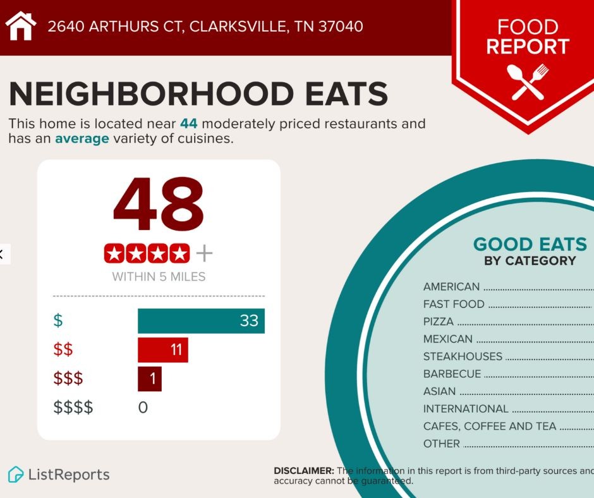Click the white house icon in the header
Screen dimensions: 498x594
(21, 27)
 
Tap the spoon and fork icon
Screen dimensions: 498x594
(528, 82)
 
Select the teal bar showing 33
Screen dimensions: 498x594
(201, 320)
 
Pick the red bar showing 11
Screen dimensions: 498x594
(162, 349)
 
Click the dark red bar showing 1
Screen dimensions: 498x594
(150, 379)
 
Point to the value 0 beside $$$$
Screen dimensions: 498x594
(143, 408)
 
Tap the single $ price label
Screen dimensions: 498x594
(58, 320)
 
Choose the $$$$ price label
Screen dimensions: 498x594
(73, 408)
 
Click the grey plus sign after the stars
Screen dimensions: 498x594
(204, 253)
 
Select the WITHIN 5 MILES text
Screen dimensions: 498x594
(159, 277)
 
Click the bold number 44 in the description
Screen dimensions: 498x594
(188, 124)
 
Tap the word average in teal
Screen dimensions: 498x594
(82, 138)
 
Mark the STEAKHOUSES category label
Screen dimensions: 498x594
(463, 356)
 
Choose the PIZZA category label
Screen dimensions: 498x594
(439, 322)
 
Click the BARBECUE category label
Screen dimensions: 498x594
(452, 374)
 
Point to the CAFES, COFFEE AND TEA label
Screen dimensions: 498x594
(490, 427)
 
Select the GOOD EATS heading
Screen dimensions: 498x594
(530, 245)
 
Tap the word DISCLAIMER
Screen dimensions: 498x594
(303, 471)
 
